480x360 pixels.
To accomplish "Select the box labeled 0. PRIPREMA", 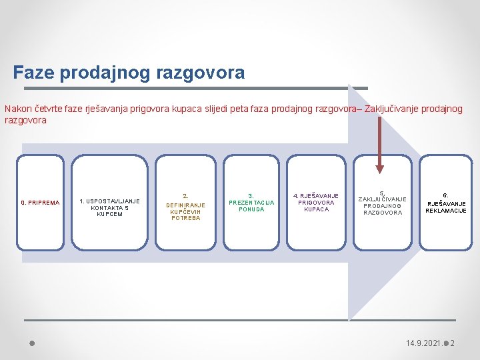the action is click(x=40, y=203).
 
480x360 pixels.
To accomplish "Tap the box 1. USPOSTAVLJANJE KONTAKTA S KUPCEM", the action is click(x=109, y=207).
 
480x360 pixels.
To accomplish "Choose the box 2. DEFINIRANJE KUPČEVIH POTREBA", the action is click(x=185, y=207).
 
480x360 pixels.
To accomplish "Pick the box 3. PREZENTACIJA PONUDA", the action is click(x=251, y=203).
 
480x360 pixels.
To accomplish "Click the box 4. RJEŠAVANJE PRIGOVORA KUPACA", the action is click(x=316, y=203).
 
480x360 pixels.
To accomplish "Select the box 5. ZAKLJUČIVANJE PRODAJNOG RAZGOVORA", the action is click(x=382, y=203).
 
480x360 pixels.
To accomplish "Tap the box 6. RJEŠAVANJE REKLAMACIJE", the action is click(x=446, y=203).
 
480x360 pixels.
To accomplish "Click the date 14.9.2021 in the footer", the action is click(x=423, y=343).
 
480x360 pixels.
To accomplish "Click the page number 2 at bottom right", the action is click(x=452, y=343).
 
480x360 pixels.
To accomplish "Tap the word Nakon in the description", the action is click(x=17, y=109).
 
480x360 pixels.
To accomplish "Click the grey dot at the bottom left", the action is click(x=31, y=343).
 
